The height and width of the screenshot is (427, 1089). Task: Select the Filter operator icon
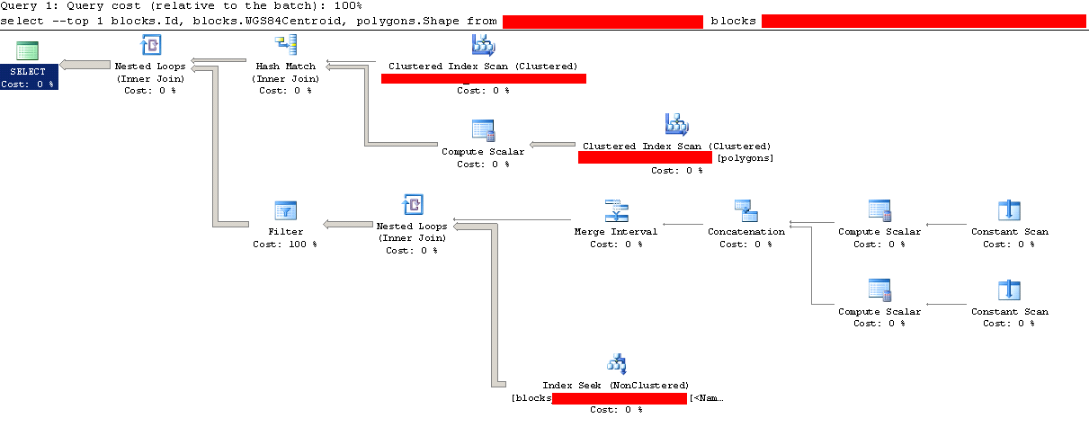[x=285, y=211]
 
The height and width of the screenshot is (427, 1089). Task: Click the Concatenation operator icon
[x=745, y=210]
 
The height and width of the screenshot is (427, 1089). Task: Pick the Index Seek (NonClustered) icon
[x=616, y=364]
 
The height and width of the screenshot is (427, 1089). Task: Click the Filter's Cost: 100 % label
[x=285, y=244]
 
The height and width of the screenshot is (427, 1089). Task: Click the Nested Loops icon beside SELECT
[x=149, y=45]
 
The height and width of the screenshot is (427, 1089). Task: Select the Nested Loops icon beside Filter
[x=412, y=206]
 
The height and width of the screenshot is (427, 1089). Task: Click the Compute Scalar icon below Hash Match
[x=483, y=130]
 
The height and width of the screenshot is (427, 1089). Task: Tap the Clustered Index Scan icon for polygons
[x=676, y=124]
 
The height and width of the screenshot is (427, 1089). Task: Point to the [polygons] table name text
[x=745, y=158]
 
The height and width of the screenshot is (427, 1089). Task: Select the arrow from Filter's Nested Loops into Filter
[x=345, y=224]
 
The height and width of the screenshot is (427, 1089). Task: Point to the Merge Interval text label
[x=616, y=231]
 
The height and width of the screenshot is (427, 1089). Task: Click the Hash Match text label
[x=285, y=66]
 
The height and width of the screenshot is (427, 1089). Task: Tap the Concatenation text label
[x=745, y=231]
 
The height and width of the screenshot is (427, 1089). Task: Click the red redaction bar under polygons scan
[x=645, y=157]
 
